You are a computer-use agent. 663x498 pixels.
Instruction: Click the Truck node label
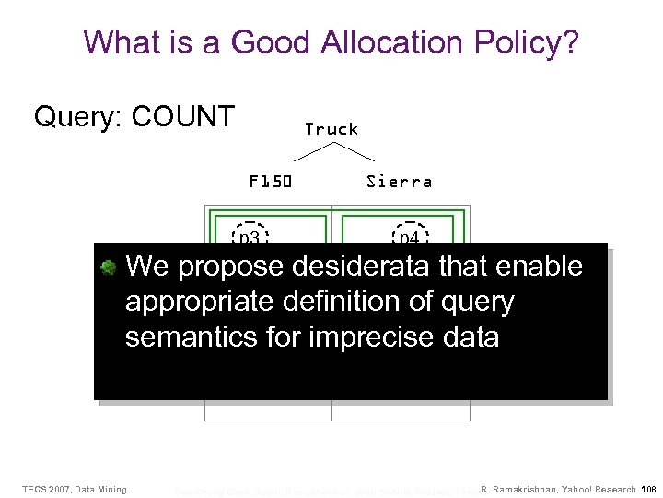[331, 129]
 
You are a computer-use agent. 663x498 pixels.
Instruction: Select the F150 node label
[270, 182]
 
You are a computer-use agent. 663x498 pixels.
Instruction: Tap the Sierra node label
[399, 182]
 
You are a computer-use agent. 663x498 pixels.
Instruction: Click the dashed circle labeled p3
[249, 236]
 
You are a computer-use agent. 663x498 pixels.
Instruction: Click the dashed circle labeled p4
[409, 236]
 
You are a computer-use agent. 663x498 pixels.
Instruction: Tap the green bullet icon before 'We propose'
[108, 267]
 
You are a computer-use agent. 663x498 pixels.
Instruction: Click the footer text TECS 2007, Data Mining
[75, 488]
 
